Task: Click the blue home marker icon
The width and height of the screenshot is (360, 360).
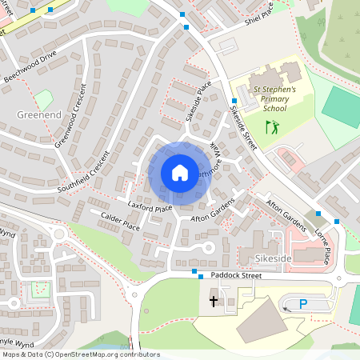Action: [x=180, y=172]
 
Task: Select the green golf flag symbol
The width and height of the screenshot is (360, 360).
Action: [x=272, y=126]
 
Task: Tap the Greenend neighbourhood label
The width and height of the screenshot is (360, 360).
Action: [x=39, y=115]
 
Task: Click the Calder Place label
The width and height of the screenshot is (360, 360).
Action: [x=121, y=223]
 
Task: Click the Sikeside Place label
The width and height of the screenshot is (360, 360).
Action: [x=198, y=100]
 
